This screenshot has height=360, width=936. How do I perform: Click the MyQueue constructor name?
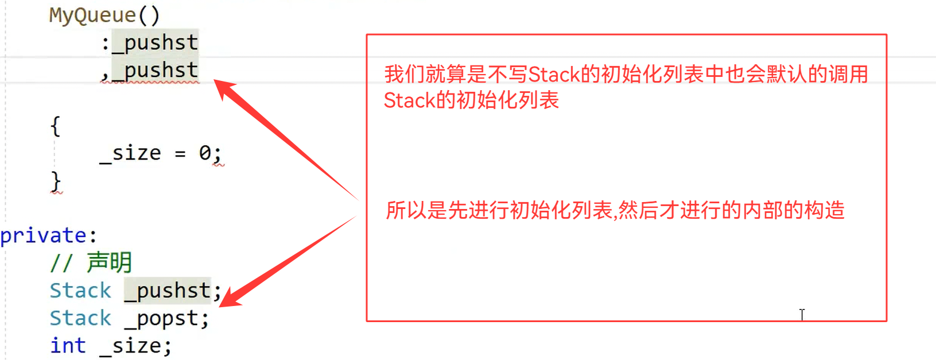[x=92, y=15]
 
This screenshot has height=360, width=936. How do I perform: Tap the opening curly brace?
[x=55, y=126]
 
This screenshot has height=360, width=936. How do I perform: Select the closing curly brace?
[x=56, y=181]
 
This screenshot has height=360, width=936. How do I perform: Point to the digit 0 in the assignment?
[x=205, y=153]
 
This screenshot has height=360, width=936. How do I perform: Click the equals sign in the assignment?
[x=180, y=154]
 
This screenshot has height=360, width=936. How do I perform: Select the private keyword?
[x=44, y=236]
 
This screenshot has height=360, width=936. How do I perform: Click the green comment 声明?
[x=109, y=263]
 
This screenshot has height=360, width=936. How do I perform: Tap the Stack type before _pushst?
[x=80, y=291]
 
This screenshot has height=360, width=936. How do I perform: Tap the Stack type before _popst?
[x=80, y=318]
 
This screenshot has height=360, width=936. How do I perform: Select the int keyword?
[x=68, y=346]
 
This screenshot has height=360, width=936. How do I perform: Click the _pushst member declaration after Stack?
[x=168, y=291]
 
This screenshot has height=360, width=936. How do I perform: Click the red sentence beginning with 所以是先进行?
[x=615, y=211]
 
